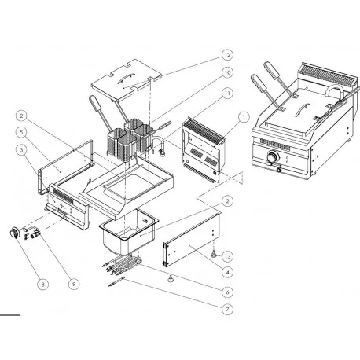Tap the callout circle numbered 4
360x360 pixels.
pyautogui.click(x=226, y=272)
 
